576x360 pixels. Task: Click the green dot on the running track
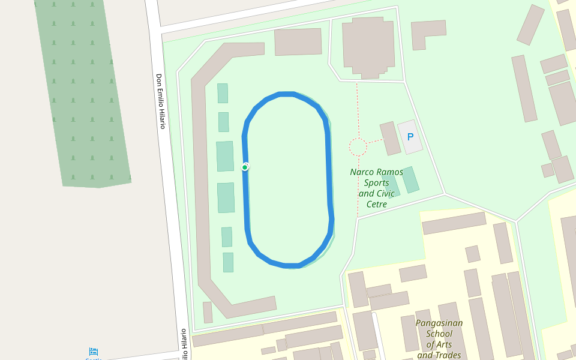pos(245,167)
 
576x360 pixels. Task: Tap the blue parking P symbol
pos(410,137)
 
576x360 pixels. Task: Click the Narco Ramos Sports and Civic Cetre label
pos(376,188)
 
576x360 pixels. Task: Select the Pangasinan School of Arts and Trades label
pos(439,339)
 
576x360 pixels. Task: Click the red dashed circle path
pos(358,147)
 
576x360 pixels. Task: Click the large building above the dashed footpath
pos(368,47)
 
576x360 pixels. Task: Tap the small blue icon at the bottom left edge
pos(94,352)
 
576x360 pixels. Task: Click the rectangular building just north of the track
pos(298,41)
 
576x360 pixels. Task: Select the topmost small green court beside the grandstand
pos(223,93)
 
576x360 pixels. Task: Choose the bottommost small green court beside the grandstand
pos(228,262)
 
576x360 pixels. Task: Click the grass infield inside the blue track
pos(287,180)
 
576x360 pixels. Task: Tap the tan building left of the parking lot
pos(390,138)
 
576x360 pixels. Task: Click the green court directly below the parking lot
pos(410,179)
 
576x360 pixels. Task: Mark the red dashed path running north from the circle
pos(357,108)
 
